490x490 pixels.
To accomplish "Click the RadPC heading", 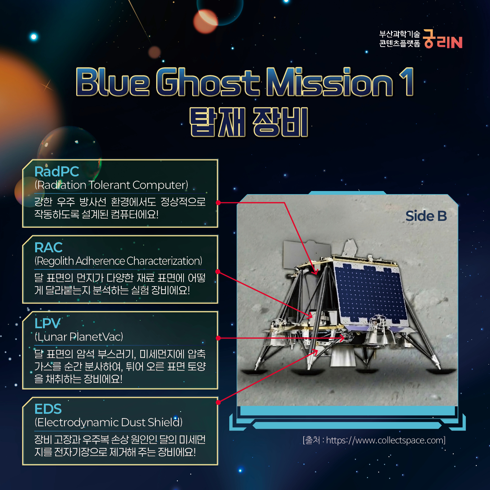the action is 57,171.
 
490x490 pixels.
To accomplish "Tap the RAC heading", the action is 49,248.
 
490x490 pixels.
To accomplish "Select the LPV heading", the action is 47,324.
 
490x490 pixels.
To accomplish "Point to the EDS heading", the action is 48,409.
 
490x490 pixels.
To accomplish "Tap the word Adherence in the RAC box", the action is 100,261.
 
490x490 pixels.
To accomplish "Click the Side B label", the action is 426,216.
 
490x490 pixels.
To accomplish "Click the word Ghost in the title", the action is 208,82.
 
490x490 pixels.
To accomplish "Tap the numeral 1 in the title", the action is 407,82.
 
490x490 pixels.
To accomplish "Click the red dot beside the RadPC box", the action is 218,203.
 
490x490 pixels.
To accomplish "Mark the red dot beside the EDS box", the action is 218,402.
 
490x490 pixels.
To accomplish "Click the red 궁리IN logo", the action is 443,39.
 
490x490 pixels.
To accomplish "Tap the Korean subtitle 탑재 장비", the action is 249,122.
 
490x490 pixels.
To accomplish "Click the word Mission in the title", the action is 330,82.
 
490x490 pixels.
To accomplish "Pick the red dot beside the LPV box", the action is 218,338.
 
